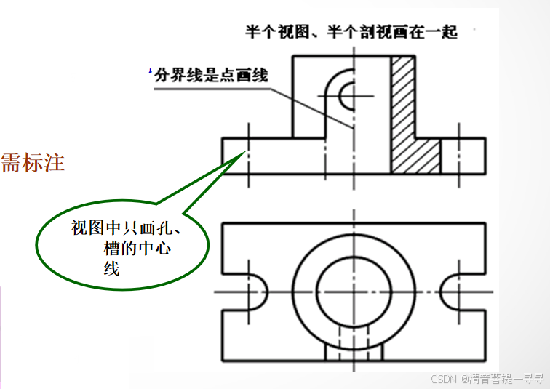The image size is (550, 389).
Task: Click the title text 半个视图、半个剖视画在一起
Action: (x=351, y=32)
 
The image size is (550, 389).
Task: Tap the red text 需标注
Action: (x=33, y=162)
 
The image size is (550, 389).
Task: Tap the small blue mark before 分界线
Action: (x=150, y=71)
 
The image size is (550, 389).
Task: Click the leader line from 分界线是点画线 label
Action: (x=306, y=102)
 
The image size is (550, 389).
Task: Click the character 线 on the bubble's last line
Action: (x=111, y=270)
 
